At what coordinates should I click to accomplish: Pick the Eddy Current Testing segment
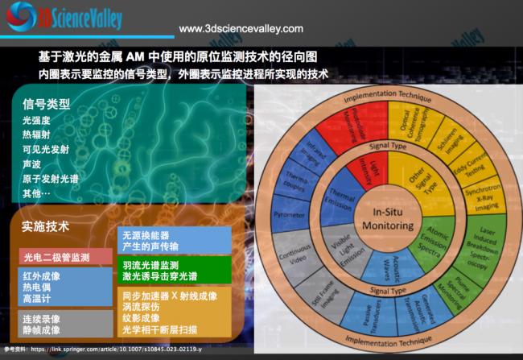coord(469,158)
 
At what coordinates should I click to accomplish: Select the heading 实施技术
coord(47,227)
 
